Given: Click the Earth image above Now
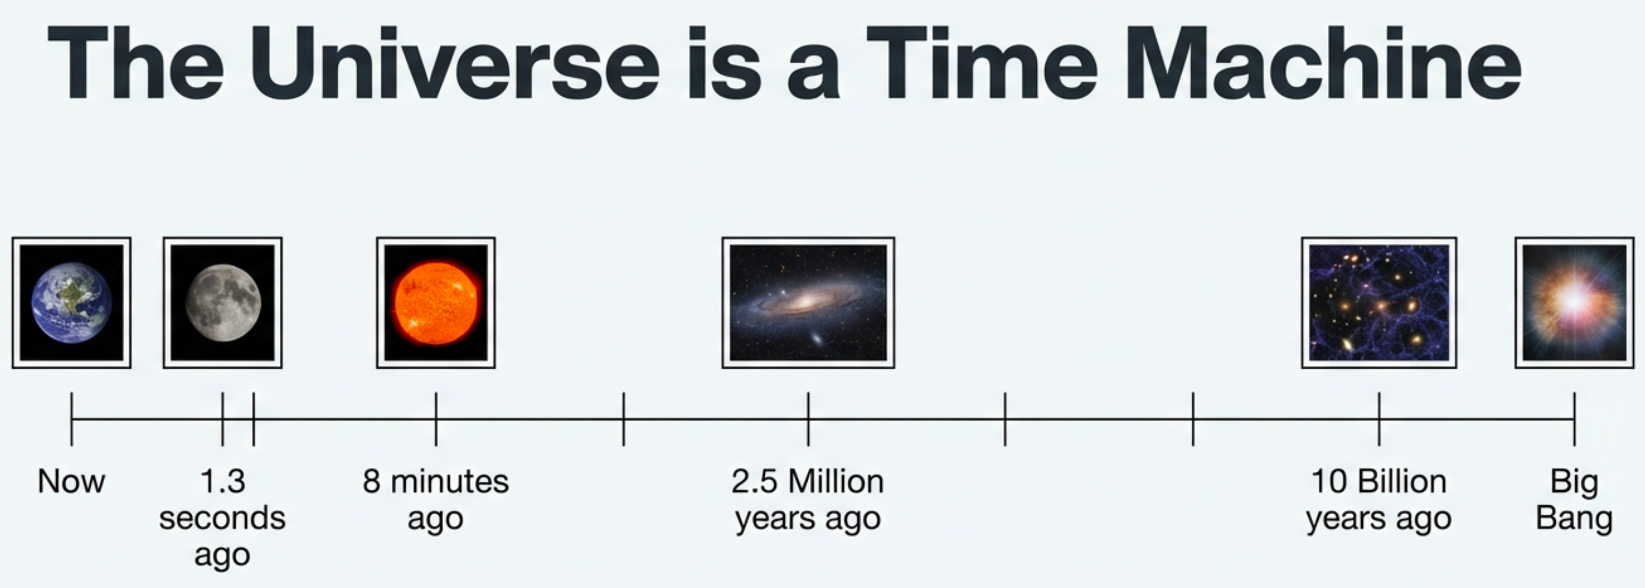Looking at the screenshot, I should point(72,303).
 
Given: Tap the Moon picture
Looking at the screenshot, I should point(222,303).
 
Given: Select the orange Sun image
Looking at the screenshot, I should point(436,303).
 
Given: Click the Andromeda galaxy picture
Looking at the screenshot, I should point(808,303).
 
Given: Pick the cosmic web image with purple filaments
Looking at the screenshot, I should point(1379,303).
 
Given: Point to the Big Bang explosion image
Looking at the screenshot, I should point(1574,303).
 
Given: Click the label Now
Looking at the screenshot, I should point(72,481).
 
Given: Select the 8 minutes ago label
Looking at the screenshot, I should point(436,499).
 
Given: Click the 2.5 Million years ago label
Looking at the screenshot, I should point(808,499).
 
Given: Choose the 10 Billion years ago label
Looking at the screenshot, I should point(1379,499).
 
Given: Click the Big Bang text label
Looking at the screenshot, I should point(1574,499).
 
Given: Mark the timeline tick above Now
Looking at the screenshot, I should point(72,419).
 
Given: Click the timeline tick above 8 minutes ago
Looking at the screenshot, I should point(436,419).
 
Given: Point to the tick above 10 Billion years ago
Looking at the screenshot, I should point(1379,419).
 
